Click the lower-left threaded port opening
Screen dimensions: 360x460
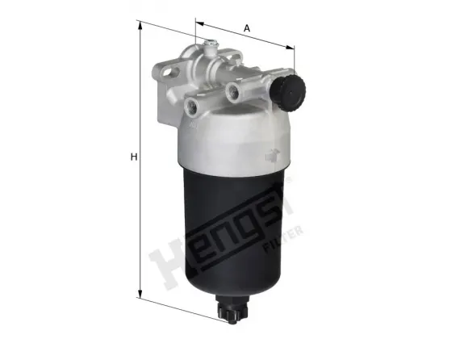[x=193, y=105]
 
